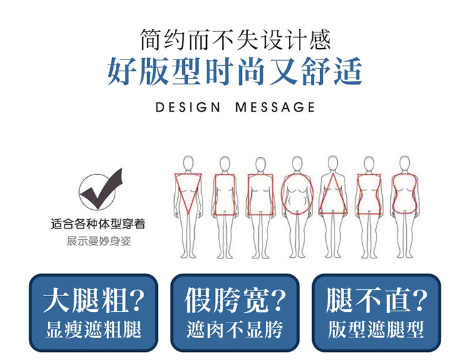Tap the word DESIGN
(x=188, y=107)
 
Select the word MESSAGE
(x=276, y=107)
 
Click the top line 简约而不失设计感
(x=235, y=39)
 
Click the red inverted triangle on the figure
(x=187, y=192)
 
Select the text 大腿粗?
(x=93, y=301)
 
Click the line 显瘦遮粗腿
(x=93, y=330)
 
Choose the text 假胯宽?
(x=235, y=301)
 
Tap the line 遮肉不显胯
(x=235, y=330)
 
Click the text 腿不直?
(x=377, y=301)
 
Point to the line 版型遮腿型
(x=377, y=330)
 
